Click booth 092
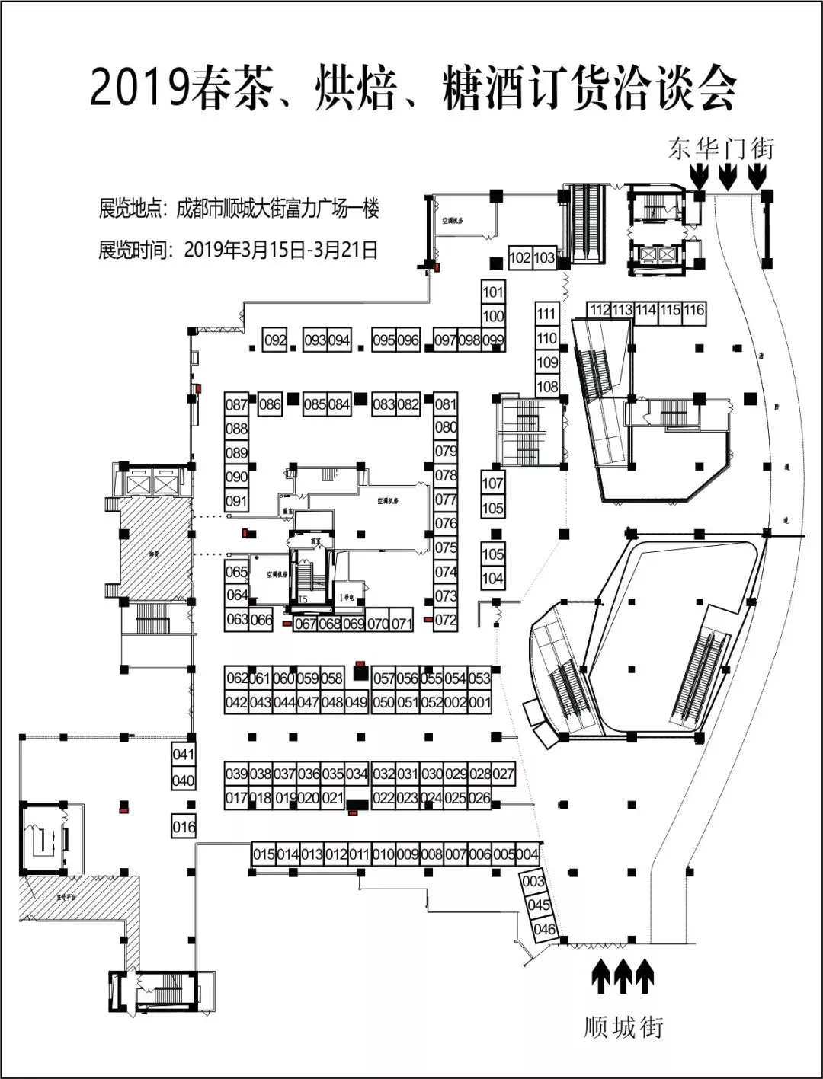point(274,340)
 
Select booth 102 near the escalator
point(520,258)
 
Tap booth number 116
point(693,311)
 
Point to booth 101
point(493,292)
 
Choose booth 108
point(547,387)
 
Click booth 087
point(237,404)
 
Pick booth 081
point(446,404)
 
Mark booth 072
point(446,620)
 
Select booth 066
point(261,620)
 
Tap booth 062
point(237,678)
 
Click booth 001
point(479,702)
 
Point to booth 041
point(184,755)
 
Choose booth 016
point(184,827)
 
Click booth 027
point(503,774)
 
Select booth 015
point(264,854)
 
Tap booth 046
point(544,929)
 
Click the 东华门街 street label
point(721,148)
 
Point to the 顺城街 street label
point(624,1027)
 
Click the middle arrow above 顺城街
point(623,977)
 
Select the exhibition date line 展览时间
point(238,250)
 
